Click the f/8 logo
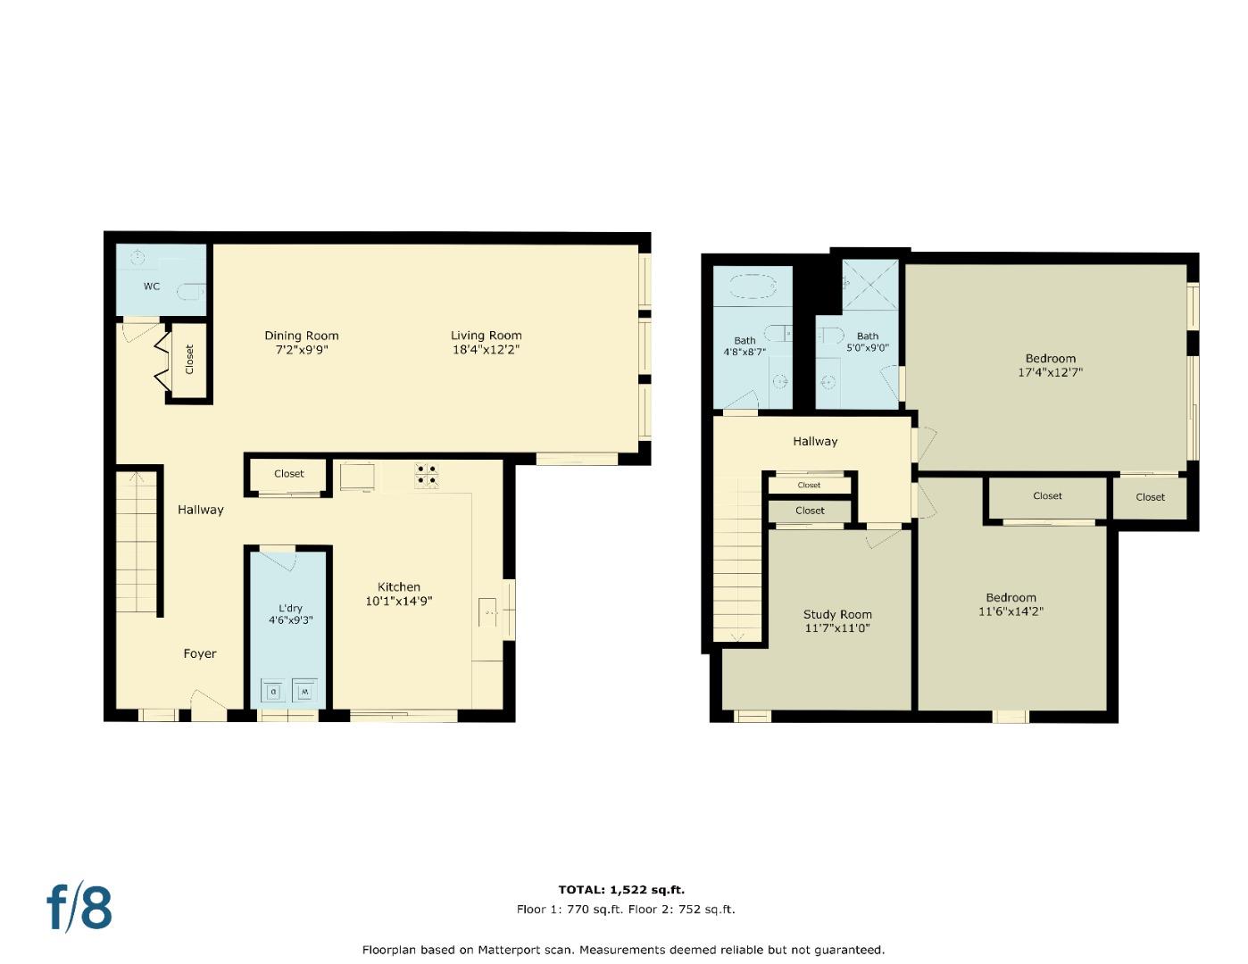click(x=79, y=907)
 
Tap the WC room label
click(x=152, y=287)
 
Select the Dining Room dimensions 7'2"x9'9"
click(x=302, y=351)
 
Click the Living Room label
click(x=486, y=336)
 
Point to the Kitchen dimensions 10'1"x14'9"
click(x=398, y=602)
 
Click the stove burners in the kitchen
click(x=426, y=474)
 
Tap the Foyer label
click(x=200, y=653)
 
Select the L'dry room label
click(x=290, y=608)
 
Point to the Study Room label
click(x=837, y=614)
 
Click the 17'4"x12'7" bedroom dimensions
click(x=1050, y=373)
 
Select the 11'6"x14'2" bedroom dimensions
click(x=1011, y=611)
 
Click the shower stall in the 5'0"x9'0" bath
click(x=870, y=285)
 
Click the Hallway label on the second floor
click(x=815, y=441)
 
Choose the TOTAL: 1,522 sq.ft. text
click(x=621, y=889)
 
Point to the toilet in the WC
click(x=190, y=292)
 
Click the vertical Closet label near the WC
click(x=189, y=359)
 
